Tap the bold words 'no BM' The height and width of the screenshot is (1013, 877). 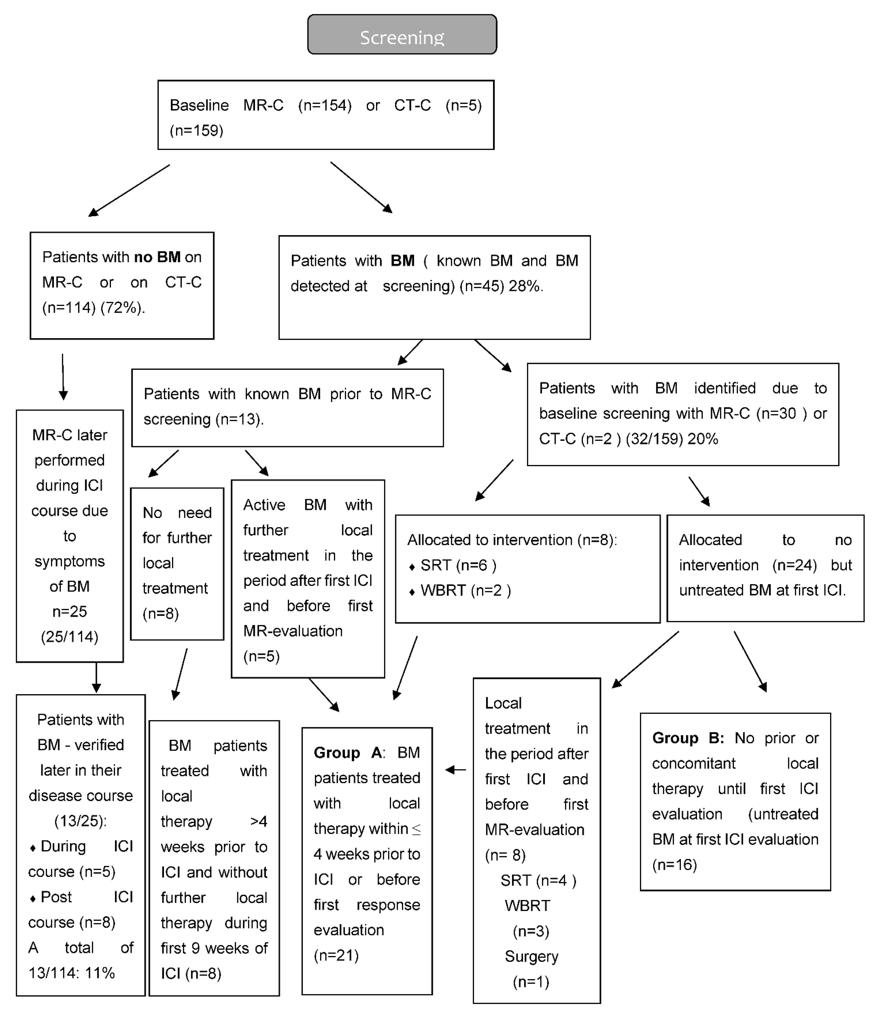(x=157, y=257)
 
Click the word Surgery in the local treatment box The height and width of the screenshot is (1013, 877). (x=531, y=956)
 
